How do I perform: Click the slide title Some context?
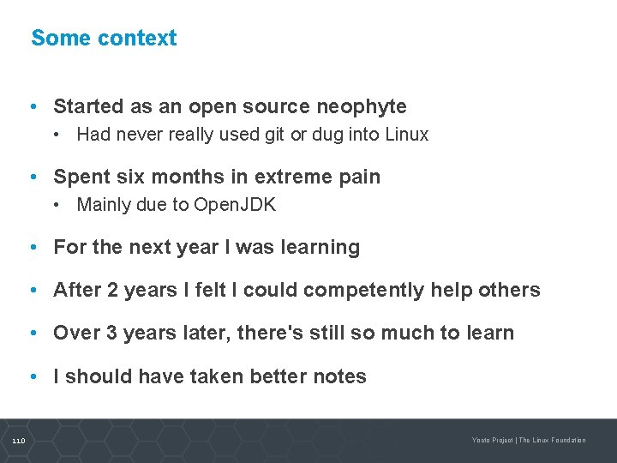click(x=104, y=39)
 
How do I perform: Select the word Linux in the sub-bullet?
click(x=406, y=135)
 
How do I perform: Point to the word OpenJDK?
click(x=235, y=205)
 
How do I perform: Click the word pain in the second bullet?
click(x=359, y=177)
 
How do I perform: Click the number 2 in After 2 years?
click(x=111, y=291)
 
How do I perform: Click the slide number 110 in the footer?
click(x=19, y=441)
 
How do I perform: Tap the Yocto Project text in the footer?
click(x=492, y=441)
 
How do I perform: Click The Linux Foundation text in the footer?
click(x=553, y=441)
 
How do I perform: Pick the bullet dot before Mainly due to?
click(x=56, y=206)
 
